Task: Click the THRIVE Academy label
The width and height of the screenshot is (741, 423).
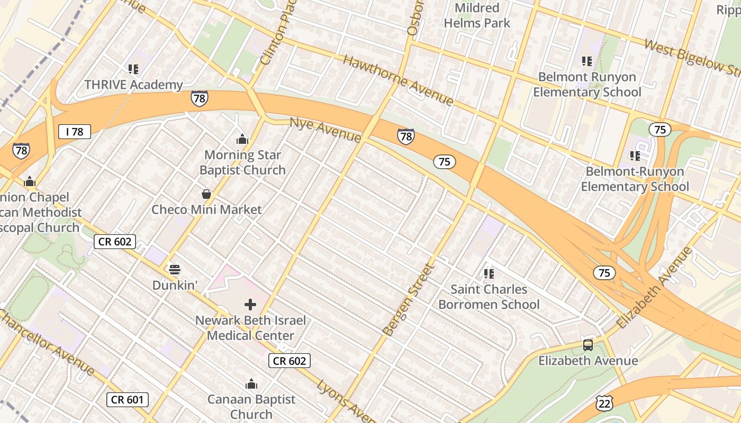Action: [133, 85]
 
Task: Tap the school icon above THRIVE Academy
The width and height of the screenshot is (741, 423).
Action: [133, 69]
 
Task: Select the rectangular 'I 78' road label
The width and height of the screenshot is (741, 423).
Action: [75, 132]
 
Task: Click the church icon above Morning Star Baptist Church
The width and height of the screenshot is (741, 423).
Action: [242, 140]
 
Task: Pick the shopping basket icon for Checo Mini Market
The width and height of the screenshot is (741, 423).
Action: [206, 195]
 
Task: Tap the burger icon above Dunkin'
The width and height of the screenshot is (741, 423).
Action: [175, 270]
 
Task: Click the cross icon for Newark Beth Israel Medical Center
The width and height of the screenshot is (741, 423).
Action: [250, 305]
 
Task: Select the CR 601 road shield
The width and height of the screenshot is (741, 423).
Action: [128, 400]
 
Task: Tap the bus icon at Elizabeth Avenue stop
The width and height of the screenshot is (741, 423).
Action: [588, 345]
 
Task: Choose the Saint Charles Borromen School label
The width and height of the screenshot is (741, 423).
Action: [489, 297]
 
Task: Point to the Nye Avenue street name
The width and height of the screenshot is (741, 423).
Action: [325, 130]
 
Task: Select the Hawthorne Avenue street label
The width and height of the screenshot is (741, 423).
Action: [398, 80]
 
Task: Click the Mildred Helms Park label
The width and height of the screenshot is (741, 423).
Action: [477, 15]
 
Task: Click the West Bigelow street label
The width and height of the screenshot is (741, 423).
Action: [691, 57]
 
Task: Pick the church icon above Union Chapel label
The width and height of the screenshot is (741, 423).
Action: [30, 182]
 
